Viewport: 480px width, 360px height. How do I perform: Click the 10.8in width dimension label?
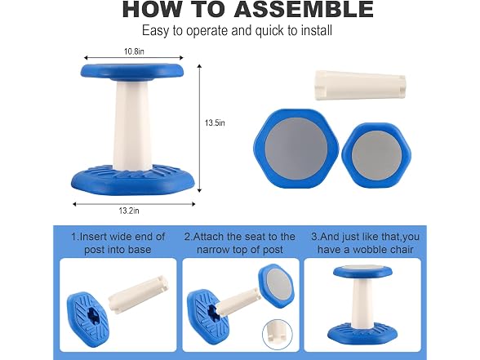point(134,51)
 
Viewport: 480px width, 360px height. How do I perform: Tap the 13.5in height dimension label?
point(215,122)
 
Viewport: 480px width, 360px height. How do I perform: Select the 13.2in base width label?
point(129,211)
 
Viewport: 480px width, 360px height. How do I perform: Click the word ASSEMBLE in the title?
point(304,9)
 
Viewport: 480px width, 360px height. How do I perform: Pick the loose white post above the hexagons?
point(360,85)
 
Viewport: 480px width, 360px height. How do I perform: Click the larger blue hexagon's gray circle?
point(296,149)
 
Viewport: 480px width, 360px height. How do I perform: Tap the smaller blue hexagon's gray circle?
point(376,155)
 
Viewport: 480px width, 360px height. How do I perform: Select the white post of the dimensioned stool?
point(132,125)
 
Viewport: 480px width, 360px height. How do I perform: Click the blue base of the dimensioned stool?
point(133,179)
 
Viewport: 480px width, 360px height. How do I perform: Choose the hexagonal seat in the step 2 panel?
point(277,286)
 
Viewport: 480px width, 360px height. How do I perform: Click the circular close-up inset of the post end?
point(278,335)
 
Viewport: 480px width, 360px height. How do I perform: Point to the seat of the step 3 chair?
point(362,272)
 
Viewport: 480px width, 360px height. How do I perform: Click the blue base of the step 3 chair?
point(362,336)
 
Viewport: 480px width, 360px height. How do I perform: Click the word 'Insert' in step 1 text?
point(93,237)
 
